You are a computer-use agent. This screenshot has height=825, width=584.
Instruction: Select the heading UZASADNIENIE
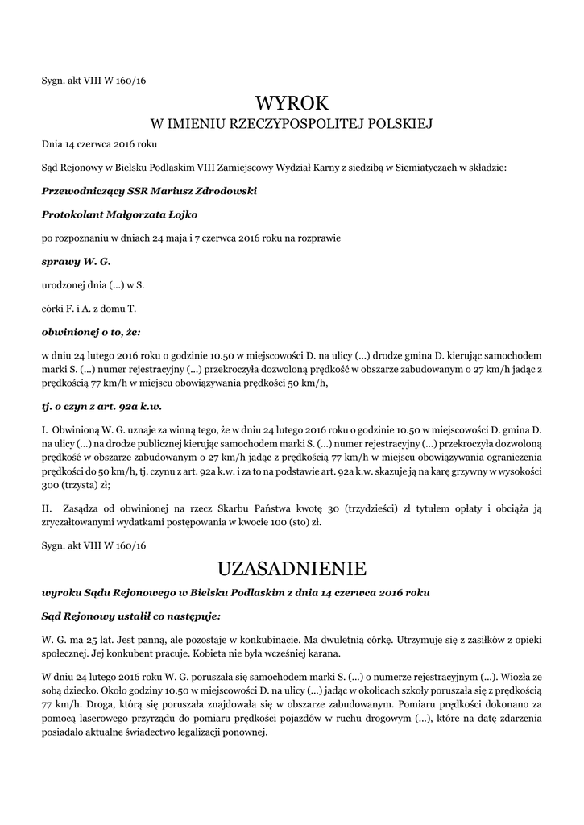pyautogui.click(x=292, y=568)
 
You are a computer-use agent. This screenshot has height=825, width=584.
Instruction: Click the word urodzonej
pyautogui.click(x=64, y=285)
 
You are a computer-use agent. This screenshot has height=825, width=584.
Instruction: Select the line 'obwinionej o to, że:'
pyautogui.click(x=91, y=331)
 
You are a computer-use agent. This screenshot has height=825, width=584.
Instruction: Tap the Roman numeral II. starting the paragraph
pyautogui.click(x=47, y=508)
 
